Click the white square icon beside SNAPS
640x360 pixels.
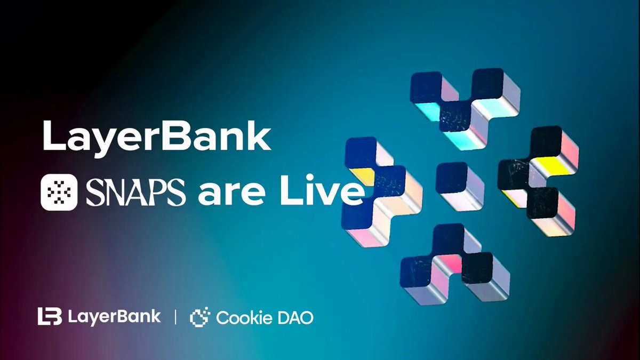[60, 193]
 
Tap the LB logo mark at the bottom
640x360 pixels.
[50, 317]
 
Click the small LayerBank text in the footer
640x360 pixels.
[115, 317]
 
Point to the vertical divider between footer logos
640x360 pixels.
[175, 317]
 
